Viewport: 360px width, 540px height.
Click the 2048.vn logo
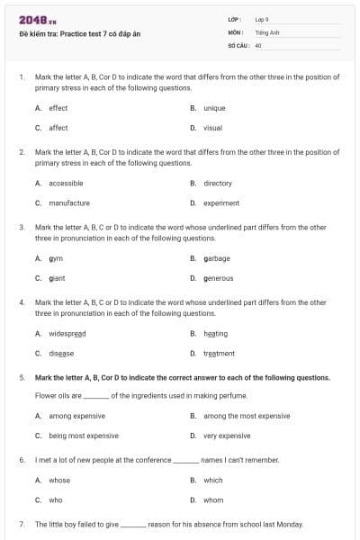click(x=32, y=19)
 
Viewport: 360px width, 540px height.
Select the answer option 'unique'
click(x=214, y=108)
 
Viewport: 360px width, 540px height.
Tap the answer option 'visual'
click(x=212, y=128)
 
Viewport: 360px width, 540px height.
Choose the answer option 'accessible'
click(x=66, y=183)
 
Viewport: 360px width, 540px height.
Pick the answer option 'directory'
click(x=218, y=183)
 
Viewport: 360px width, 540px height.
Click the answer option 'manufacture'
click(x=68, y=202)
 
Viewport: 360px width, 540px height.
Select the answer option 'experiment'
click(x=221, y=202)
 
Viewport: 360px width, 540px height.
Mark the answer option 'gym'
click(x=55, y=258)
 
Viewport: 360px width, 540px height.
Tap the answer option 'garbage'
click(x=217, y=258)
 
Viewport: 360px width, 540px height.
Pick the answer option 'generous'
click(x=218, y=278)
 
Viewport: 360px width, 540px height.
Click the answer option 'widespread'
click(x=67, y=333)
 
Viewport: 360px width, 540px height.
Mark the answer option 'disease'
click(x=61, y=353)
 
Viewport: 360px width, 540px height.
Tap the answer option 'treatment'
click(x=219, y=353)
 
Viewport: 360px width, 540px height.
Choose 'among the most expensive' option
click(x=247, y=416)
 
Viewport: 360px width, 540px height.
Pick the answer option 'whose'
click(x=58, y=480)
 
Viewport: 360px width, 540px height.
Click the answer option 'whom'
click(x=212, y=499)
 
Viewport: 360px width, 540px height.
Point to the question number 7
click(x=21, y=524)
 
